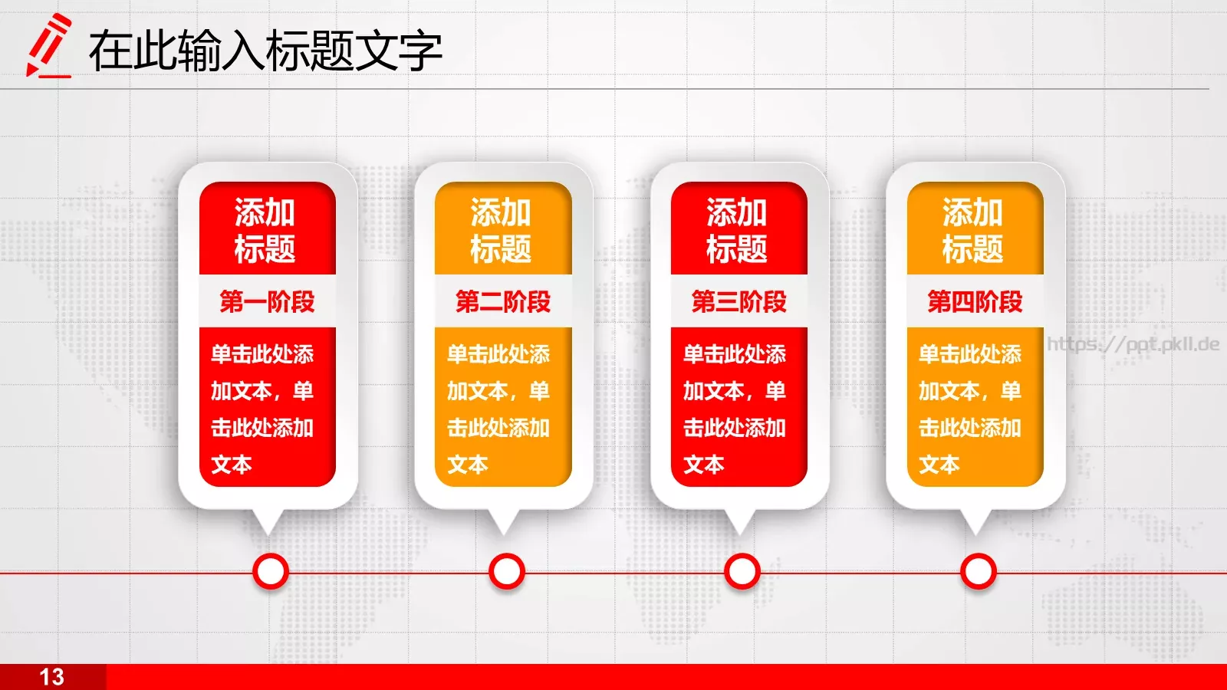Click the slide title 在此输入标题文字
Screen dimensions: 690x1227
click(x=265, y=51)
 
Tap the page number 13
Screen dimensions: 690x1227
click(x=52, y=677)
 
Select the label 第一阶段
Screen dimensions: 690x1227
click(x=267, y=301)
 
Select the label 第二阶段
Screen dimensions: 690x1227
click(x=503, y=301)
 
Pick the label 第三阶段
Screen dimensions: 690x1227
click(x=739, y=301)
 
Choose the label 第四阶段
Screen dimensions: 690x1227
click(x=975, y=301)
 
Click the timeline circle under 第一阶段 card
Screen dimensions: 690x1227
click(x=270, y=571)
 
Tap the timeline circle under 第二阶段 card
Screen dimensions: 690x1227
click(x=506, y=571)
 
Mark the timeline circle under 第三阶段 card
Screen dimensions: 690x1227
click(x=742, y=571)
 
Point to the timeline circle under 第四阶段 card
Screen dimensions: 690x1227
click(x=979, y=571)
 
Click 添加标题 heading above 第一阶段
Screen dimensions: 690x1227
click(x=265, y=230)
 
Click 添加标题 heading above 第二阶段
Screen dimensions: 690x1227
click(x=502, y=230)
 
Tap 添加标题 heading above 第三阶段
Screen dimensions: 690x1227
click(x=737, y=230)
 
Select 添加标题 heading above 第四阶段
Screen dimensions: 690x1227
click(x=973, y=230)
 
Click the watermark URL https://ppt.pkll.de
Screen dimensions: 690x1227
click(x=1133, y=344)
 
